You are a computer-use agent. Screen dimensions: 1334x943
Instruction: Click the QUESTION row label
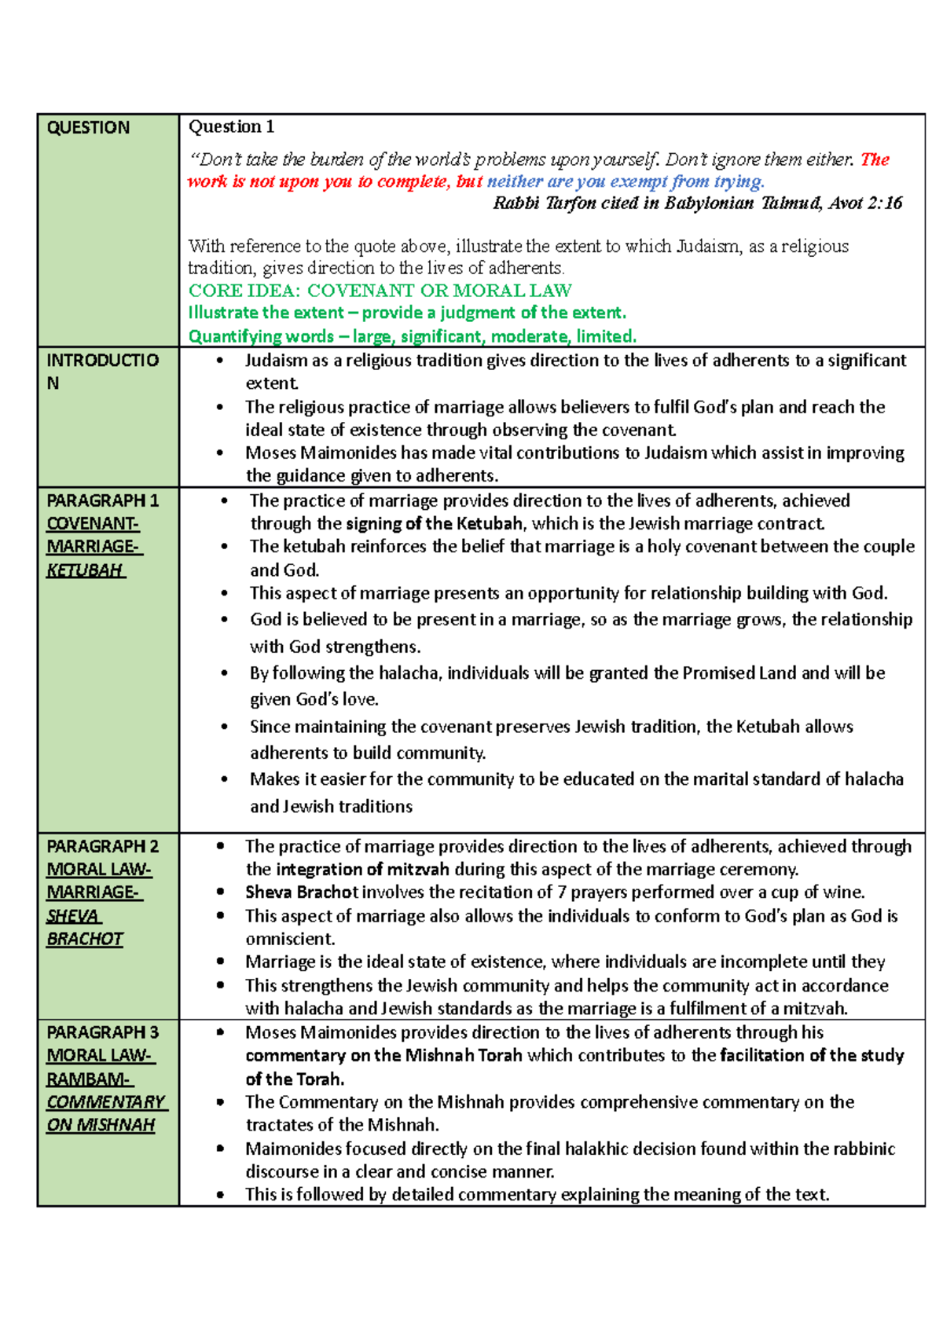click(x=88, y=127)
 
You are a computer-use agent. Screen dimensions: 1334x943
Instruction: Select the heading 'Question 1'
click(x=231, y=126)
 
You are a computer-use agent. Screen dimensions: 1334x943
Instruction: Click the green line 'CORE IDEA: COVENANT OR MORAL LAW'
click(x=380, y=290)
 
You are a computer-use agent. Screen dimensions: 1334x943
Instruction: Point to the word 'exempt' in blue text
click(x=639, y=181)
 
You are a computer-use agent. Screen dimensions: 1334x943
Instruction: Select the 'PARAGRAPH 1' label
click(x=103, y=500)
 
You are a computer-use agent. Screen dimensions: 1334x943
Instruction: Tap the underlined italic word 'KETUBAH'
click(x=85, y=570)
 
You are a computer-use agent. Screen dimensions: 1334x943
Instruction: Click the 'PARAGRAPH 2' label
click(x=103, y=846)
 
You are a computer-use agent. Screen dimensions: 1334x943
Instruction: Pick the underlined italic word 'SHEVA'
click(x=73, y=915)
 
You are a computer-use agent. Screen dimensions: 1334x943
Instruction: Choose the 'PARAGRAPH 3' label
click(x=103, y=1032)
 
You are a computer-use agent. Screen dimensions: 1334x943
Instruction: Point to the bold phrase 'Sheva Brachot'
click(x=302, y=892)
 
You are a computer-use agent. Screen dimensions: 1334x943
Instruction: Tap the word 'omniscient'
click(x=290, y=939)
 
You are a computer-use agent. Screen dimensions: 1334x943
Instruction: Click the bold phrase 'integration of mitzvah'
click(x=363, y=870)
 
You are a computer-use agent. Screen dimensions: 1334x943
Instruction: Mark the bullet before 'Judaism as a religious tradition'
click(x=220, y=361)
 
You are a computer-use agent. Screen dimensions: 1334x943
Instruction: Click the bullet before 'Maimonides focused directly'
click(x=221, y=1149)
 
